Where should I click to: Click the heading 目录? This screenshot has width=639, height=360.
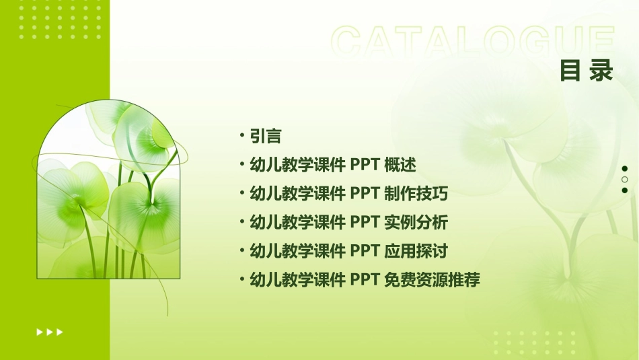point(587,71)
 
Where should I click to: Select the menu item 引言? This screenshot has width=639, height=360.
point(265,136)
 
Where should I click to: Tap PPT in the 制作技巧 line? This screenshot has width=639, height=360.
point(365,194)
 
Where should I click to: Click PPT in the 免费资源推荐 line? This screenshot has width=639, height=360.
point(365,280)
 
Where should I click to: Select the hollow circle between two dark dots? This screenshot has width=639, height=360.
point(625,180)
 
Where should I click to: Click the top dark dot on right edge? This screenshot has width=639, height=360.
point(625,168)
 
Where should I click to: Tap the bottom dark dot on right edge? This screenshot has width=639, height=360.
point(625,190)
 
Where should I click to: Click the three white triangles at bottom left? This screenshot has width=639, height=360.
point(50,332)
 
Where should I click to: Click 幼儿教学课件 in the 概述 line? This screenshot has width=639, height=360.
point(297,165)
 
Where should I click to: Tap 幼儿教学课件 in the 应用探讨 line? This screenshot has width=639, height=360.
point(297,252)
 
